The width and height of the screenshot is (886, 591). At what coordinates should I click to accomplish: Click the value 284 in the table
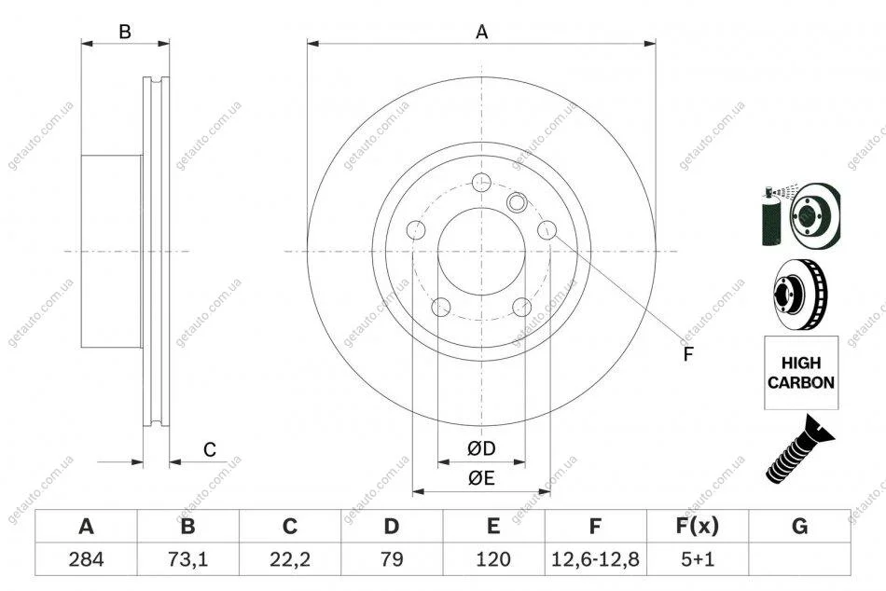pyautogui.click(x=86, y=559)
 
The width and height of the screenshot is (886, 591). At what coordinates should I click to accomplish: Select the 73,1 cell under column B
pyautogui.click(x=188, y=559)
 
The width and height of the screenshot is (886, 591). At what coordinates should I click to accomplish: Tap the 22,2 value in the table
pyautogui.click(x=290, y=559)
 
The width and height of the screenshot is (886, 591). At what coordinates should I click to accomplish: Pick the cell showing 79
pyautogui.click(x=392, y=559)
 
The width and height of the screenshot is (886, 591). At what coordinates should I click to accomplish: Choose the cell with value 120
pyautogui.click(x=493, y=559)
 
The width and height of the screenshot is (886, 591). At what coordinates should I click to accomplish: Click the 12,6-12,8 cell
pyautogui.click(x=595, y=559)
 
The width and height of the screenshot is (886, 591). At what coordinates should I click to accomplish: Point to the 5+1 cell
pyautogui.click(x=698, y=559)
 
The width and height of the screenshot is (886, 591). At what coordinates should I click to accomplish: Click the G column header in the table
pyautogui.click(x=799, y=527)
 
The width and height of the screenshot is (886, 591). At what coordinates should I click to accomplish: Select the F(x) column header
pyautogui.click(x=698, y=527)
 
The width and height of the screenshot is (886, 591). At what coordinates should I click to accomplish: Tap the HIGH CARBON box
pyautogui.click(x=801, y=372)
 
